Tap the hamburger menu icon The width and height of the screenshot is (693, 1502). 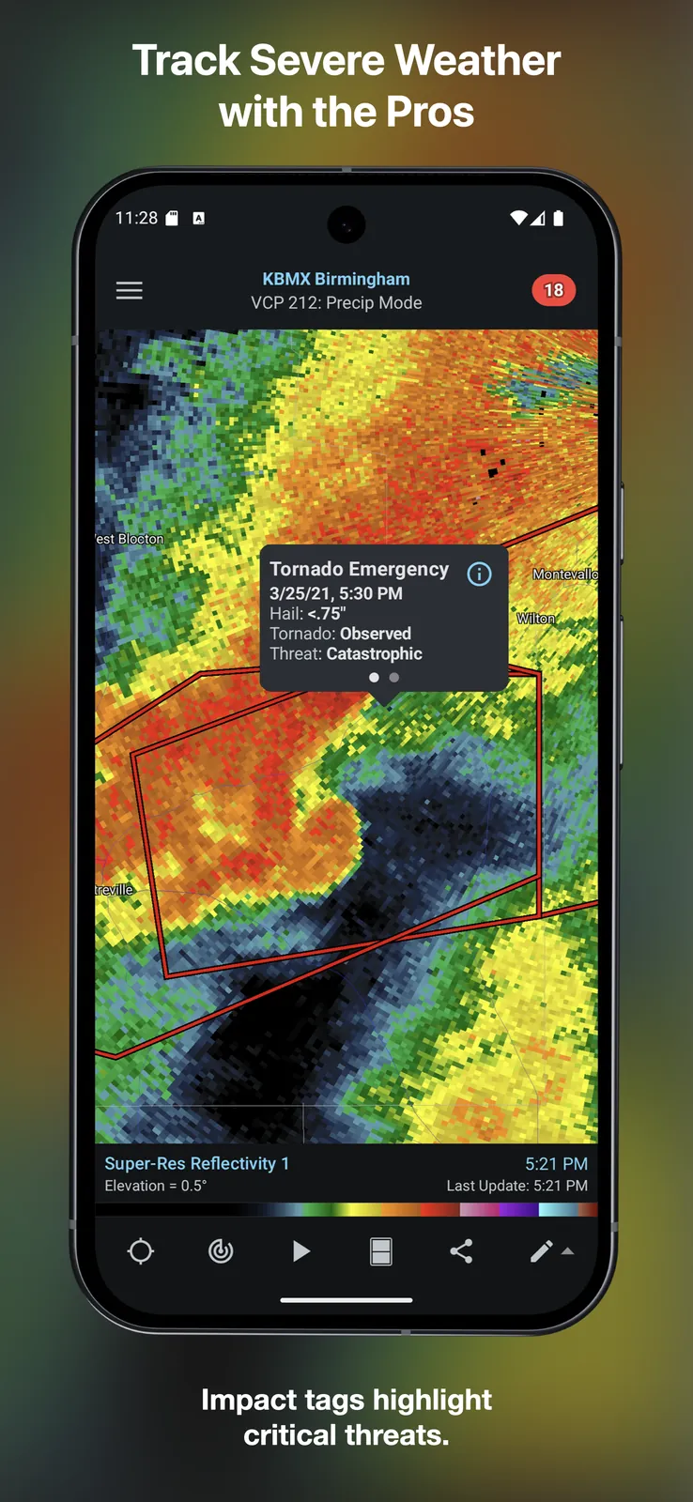pos(130,291)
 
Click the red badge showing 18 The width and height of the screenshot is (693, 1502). pos(554,290)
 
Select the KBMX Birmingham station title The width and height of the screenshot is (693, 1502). pos(336,279)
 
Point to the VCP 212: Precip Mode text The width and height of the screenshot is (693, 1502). pos(336,302)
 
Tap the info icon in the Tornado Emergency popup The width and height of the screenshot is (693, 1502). pos(479,574)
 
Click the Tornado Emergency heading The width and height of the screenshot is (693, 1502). pos(359,569)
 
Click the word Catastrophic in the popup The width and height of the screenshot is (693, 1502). pos(374,653)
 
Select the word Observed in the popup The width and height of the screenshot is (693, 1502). pos(375,634)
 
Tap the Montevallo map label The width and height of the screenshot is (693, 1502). pos(564,574)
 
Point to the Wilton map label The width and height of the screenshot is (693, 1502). pos(536,618)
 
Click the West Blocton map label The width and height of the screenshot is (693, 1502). pos(131,539)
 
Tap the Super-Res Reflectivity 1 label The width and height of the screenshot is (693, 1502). pos(196,1163)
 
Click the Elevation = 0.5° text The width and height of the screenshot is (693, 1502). pos(155,1186)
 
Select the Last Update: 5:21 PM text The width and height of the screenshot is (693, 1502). pos(516,1186)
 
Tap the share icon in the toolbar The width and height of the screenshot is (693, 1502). pos(461,1251)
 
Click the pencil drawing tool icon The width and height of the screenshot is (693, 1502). pos(542,1251)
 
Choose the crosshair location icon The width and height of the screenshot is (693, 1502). pos(141,1251)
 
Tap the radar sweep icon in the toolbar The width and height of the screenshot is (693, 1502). pos(221,1251)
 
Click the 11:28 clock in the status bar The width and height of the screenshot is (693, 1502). pos(136,218)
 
